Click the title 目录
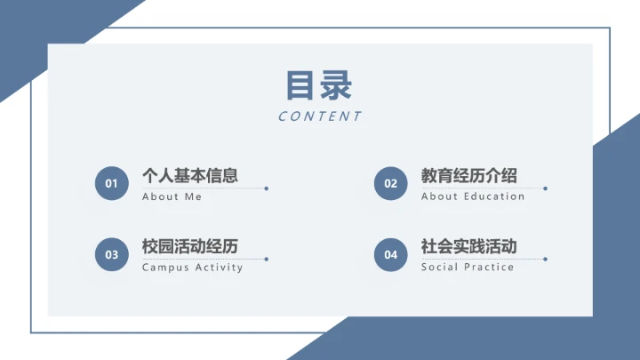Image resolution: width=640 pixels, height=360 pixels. (x=319, y=85)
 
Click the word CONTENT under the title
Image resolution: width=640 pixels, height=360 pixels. (x=320, y=116)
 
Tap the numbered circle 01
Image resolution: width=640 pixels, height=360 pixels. (x=111, y=184)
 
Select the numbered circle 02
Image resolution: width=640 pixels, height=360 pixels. (x=390, y=184)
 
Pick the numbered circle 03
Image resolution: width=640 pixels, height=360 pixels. (x=111, y=255)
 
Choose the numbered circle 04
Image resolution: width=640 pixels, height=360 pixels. (x=390, y=255)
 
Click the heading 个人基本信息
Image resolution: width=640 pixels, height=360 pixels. (x=190, y=176)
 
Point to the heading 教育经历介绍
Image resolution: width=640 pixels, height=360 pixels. (x=469, y=176)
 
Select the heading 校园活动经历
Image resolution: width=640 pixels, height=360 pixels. (x=190, y=247)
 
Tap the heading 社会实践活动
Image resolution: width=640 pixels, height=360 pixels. (x=469, y=247)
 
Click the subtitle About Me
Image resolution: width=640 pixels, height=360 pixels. (x=172, y=196)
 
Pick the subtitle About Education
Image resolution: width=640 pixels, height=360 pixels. (x=473, y=196)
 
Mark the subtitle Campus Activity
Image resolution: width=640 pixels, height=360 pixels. (x=193, y=268)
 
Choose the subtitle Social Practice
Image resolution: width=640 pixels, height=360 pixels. (x=468, y=268)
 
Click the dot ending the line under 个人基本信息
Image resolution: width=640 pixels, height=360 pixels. (x=267, y=188)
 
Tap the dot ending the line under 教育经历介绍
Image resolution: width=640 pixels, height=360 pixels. (x=545, y=188)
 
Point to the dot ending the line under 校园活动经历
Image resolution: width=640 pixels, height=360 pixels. (x=267, y=260)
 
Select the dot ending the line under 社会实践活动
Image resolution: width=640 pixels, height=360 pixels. (x=545, y=260)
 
